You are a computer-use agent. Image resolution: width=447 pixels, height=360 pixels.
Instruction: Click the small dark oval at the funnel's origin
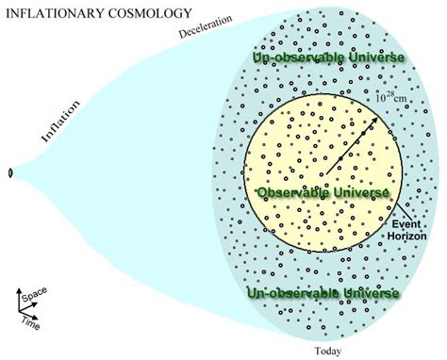tap(10, 173)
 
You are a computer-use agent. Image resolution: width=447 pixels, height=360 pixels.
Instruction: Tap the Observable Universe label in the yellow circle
tap(323, 192)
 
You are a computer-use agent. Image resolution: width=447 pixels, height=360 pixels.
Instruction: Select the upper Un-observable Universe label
tap(328, 58)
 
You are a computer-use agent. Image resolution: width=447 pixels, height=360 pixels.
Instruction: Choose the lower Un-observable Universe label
tap(323, 293)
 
